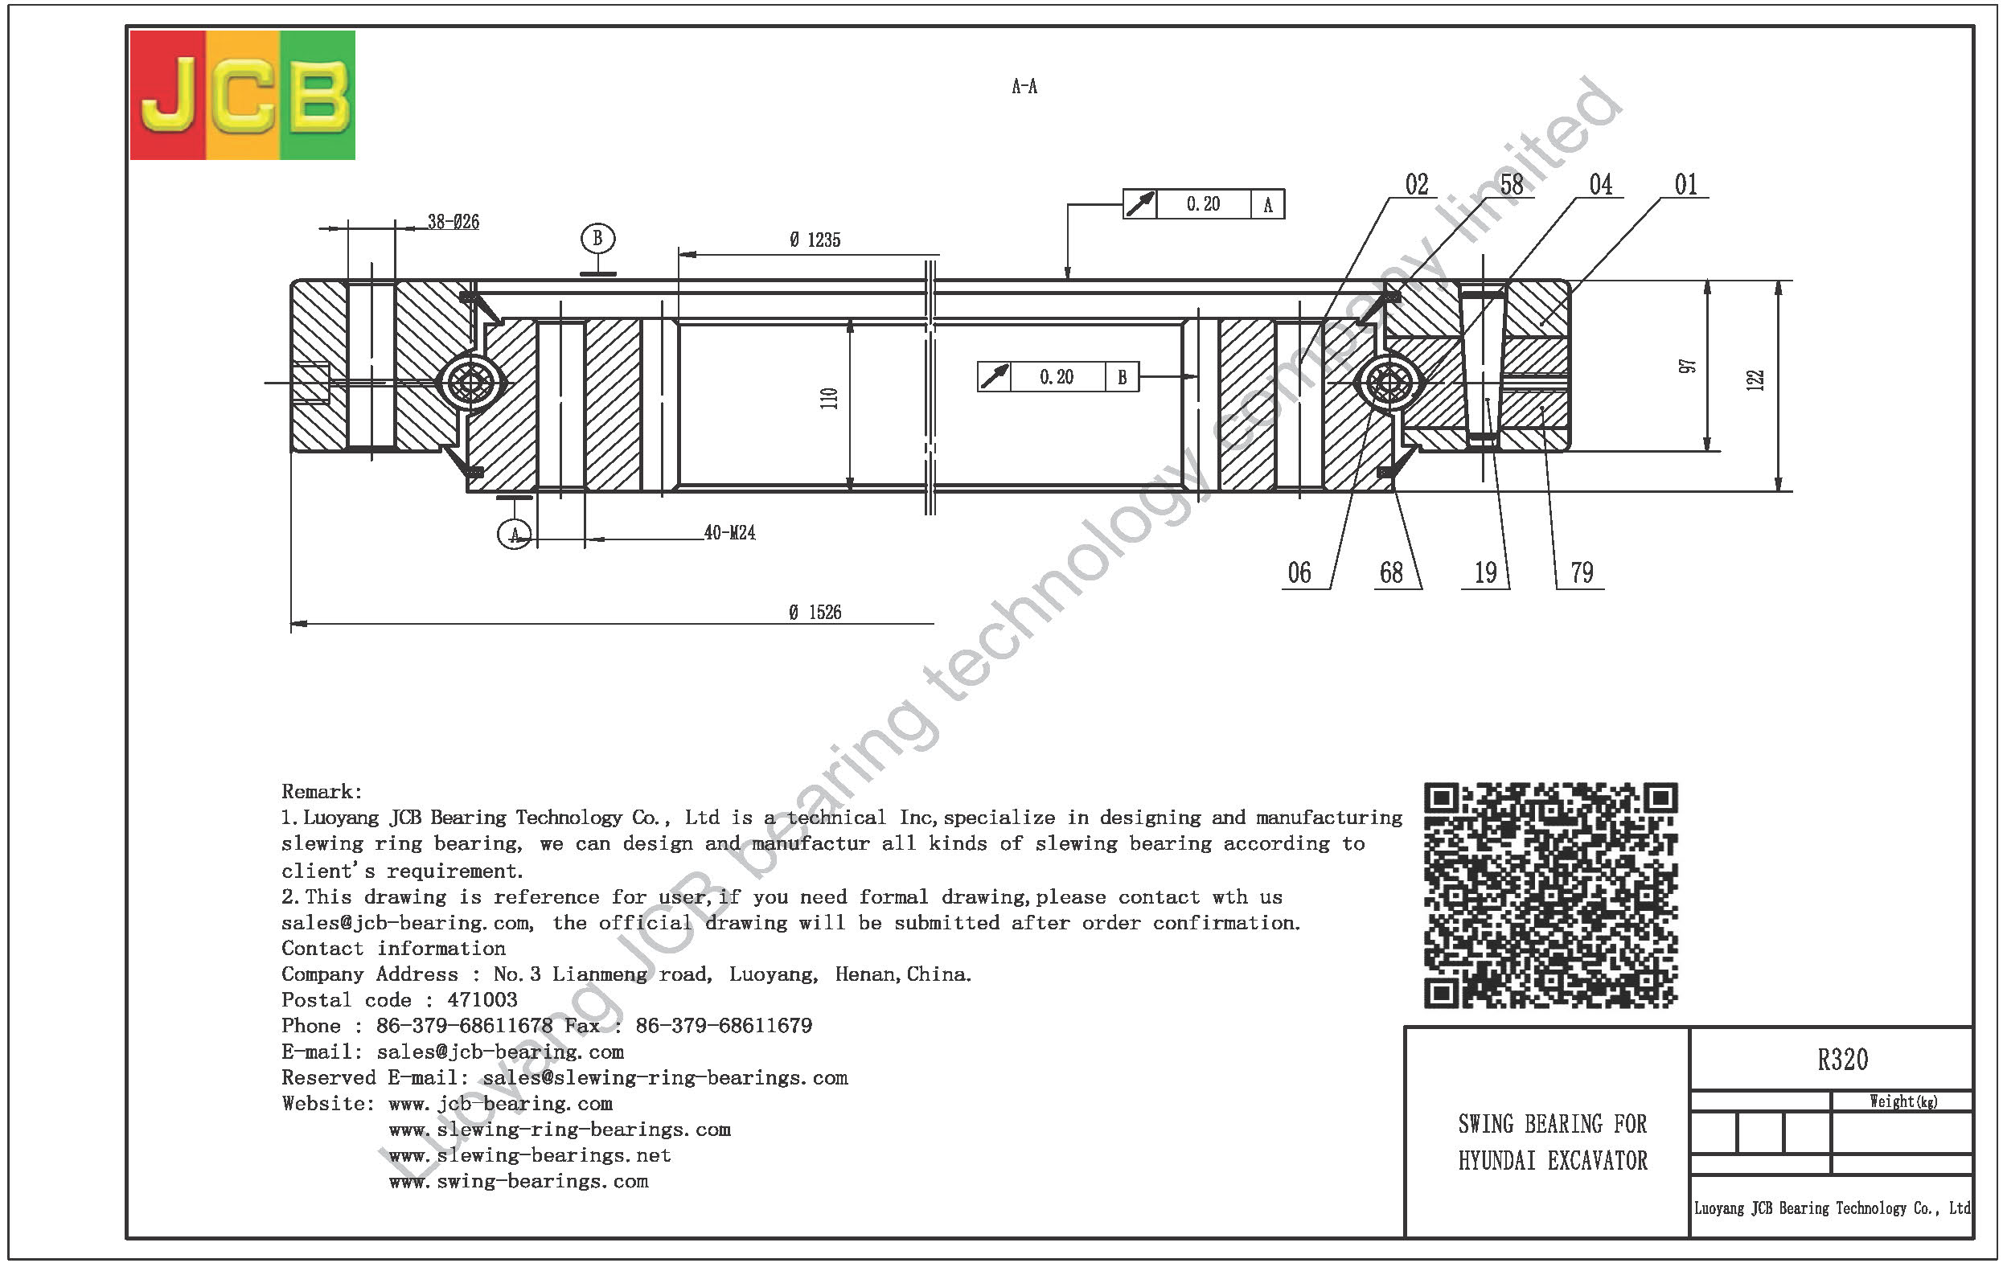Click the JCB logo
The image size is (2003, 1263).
243,95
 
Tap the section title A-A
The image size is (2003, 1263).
1024,87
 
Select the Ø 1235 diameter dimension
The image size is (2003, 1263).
815,240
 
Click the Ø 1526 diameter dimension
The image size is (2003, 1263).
815,613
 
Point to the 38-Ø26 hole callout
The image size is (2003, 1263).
454,222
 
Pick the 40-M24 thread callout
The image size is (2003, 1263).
729,533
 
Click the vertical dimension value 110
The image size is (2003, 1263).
829,398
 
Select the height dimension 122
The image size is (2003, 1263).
1755,380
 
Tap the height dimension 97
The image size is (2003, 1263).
1687,366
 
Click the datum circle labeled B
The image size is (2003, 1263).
597,239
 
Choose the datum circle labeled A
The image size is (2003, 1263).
514,534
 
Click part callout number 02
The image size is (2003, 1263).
1417,185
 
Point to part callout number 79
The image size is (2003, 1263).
1582,573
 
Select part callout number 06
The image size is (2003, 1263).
1299,573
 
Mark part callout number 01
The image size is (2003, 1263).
1685,185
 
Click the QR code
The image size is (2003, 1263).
1550,896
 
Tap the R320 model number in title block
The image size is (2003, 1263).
1842,1060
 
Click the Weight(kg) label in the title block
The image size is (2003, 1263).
1903,1101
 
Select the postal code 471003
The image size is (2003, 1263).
482,1000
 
